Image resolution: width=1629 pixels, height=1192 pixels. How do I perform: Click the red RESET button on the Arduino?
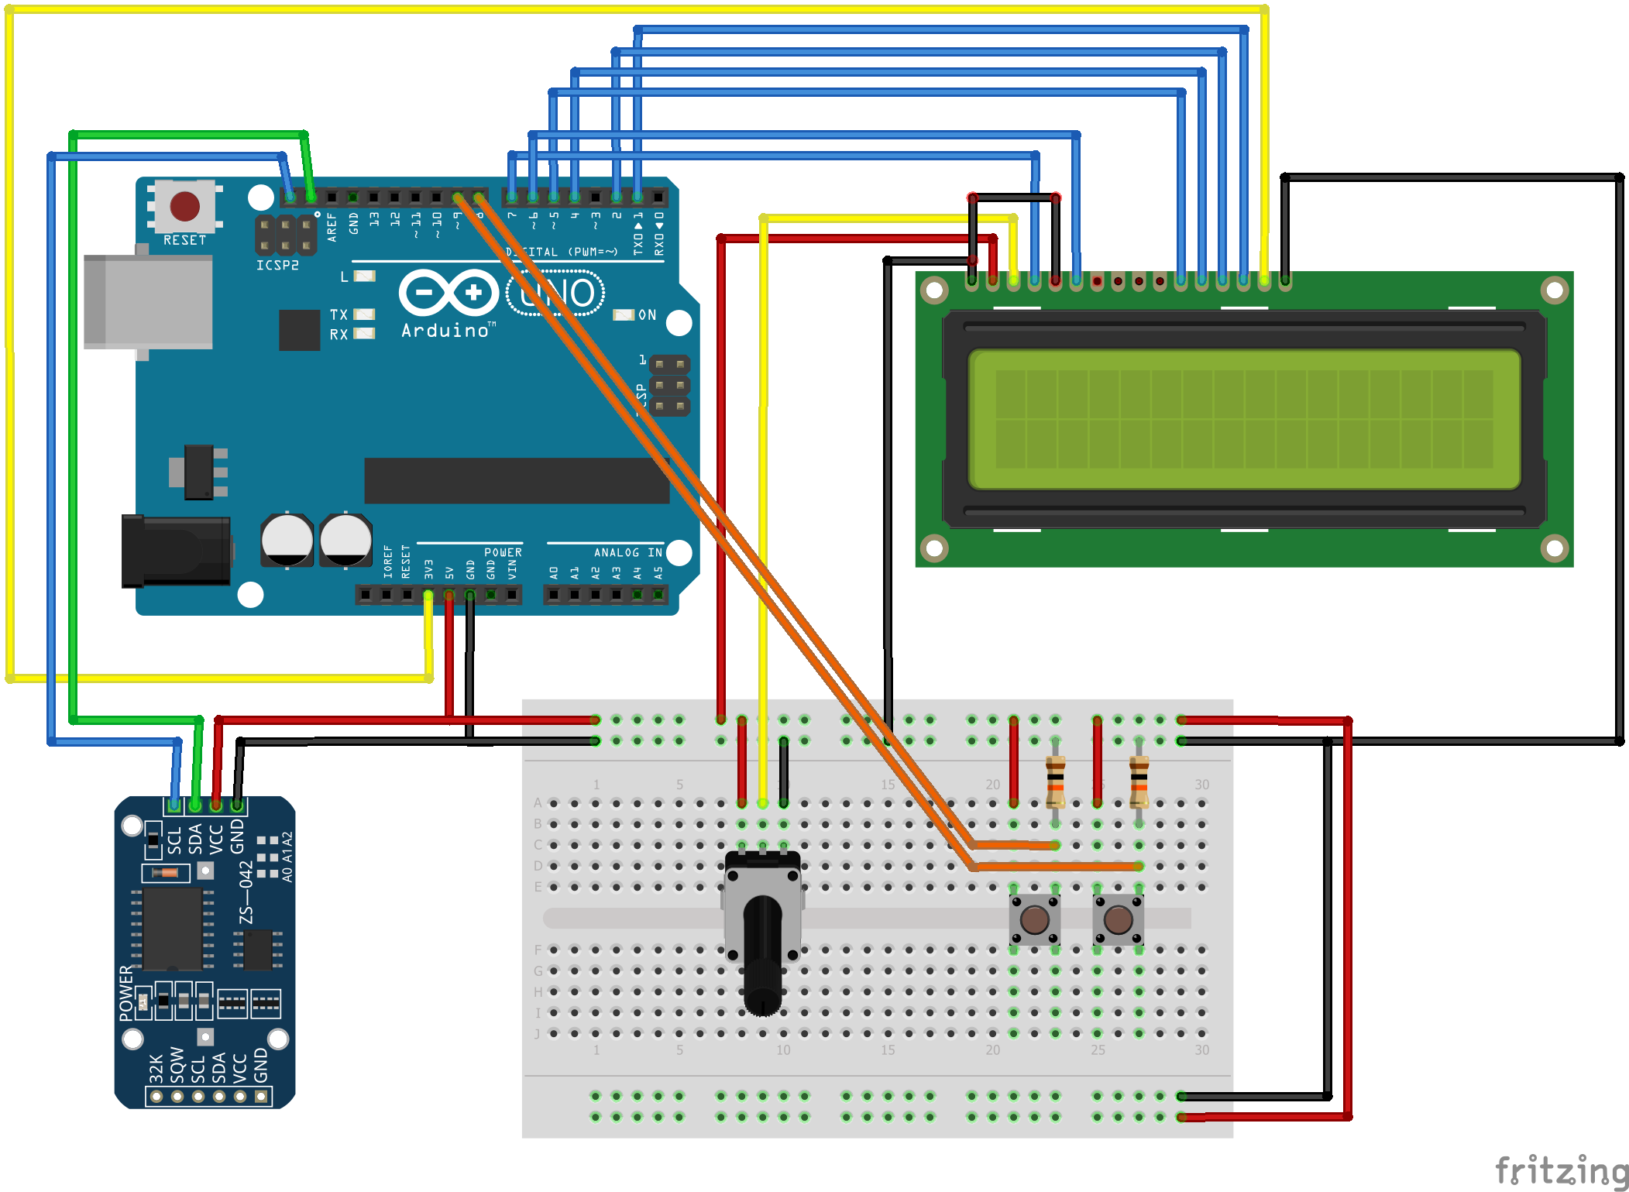184,206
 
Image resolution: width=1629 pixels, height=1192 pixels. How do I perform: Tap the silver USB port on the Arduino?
147,302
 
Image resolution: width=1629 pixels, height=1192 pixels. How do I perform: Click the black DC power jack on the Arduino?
176,551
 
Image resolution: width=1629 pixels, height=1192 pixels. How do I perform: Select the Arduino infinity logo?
448,293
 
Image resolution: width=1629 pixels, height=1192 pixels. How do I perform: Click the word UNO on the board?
555,293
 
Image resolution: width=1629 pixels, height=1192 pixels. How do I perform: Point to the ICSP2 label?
277,265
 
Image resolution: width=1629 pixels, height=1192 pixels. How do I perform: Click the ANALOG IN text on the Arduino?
627,552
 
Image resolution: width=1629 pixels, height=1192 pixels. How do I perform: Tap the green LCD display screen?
1244,419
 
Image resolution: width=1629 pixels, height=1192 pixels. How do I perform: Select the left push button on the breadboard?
1034,920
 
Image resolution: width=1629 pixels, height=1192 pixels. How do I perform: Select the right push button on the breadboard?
1118,920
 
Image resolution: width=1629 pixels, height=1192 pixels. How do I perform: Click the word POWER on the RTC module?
126,993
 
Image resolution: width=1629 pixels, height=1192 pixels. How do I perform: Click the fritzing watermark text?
1561,1170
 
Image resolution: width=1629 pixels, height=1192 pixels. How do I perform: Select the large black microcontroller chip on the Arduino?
516,480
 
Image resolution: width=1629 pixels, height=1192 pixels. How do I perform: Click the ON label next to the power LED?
647,314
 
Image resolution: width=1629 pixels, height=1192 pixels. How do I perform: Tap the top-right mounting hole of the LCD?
1554,290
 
